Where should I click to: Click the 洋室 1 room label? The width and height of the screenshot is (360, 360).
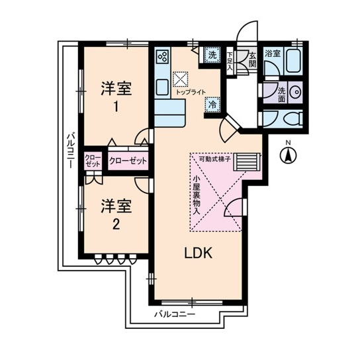point(113,96)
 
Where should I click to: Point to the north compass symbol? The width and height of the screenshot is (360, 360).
point(288,156)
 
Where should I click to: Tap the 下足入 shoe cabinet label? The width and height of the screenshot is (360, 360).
point(230,61)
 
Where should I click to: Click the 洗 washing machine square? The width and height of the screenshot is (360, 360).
point(212,56)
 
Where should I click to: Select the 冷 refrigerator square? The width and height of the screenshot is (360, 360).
point(213,104)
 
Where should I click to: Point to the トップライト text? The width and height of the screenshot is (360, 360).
point(191,92)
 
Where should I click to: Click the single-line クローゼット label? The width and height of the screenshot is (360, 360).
point(124,161)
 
